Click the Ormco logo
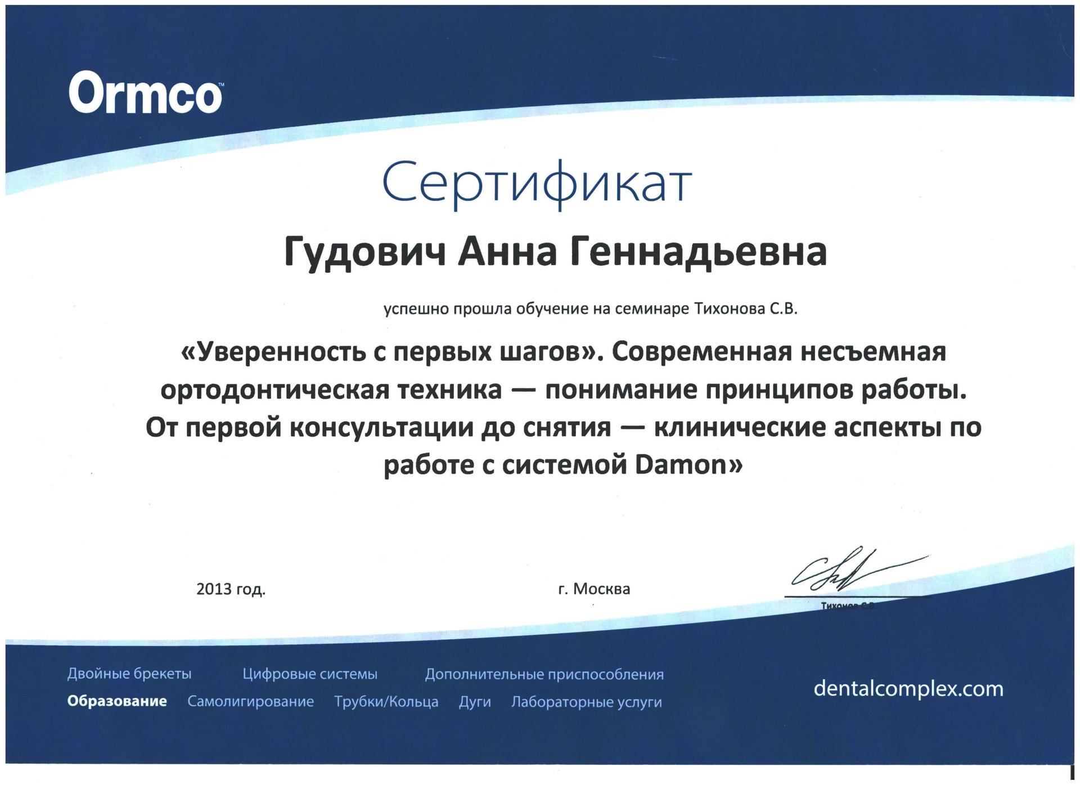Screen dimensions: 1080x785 tap(145, 94)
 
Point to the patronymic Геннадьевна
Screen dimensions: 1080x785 tap(699, 253)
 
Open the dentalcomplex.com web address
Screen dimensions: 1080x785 tap(908, 689)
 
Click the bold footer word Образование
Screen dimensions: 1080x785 tap(117, 702)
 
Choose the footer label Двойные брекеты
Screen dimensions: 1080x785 tap(129, 674)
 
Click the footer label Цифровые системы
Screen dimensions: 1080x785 tap(310, 674)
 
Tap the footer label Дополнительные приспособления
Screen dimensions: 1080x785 tap(544, 674)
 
